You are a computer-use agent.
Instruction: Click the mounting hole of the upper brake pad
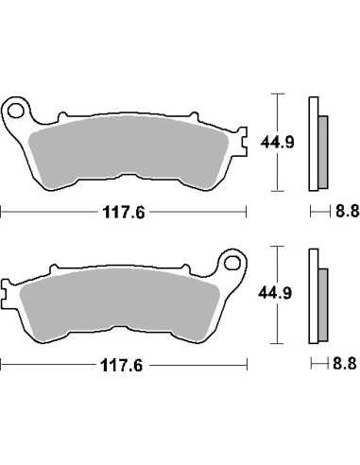tap(15, 111)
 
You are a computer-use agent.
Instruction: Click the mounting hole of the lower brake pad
tap(232, 263)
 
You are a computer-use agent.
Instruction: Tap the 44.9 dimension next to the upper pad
tap(277, 143)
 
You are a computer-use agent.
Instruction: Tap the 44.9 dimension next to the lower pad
tap(275, 293)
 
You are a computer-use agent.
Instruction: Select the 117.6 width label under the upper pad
tap(124, 213)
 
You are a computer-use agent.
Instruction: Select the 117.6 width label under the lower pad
tap(122, 366)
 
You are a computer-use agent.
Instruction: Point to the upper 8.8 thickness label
tap(347, 211)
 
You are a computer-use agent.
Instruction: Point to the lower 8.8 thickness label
tap(345, 363)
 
